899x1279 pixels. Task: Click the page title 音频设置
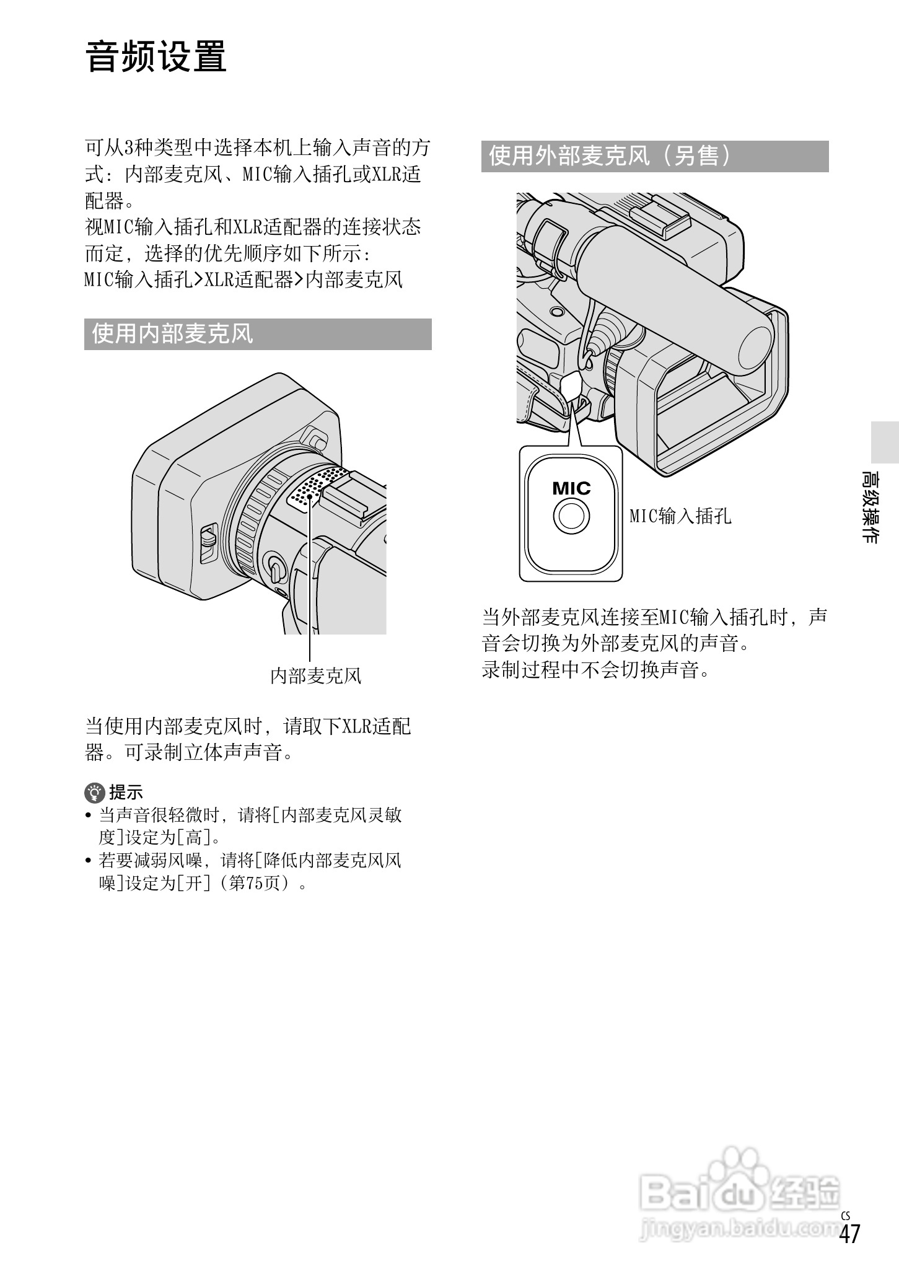pos(156,57)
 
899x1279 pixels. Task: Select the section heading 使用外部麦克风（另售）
pos(610,156)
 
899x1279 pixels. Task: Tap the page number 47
pos(849,1251)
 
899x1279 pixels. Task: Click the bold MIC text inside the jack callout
pos(571,489)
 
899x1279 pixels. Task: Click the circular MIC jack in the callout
pos(571,516)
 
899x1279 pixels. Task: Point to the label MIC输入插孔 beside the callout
pos(680,516)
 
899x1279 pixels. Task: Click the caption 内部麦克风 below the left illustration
pos(315,675)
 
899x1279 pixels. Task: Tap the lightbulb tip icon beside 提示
pos(94,792)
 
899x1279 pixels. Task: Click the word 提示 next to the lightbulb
pos(126,792)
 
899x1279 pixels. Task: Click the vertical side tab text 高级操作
pos(870,507)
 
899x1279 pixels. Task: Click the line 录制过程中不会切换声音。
pos(595,670)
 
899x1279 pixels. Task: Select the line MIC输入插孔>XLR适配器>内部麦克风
pos(243,279)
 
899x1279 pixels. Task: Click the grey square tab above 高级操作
pos(884,442)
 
